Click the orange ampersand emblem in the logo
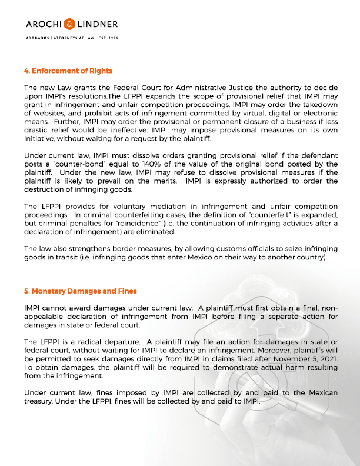69,24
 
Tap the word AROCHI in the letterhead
44,24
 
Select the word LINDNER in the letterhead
96,24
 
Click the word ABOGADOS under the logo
37,38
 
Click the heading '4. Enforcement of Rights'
68,71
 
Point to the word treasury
39,401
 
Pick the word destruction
48,189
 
